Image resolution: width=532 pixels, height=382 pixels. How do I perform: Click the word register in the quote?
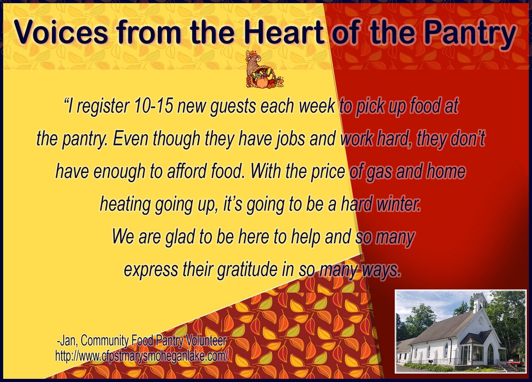tap(103, 106)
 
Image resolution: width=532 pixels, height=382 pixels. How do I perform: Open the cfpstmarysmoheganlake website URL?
tap(142, 356)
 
